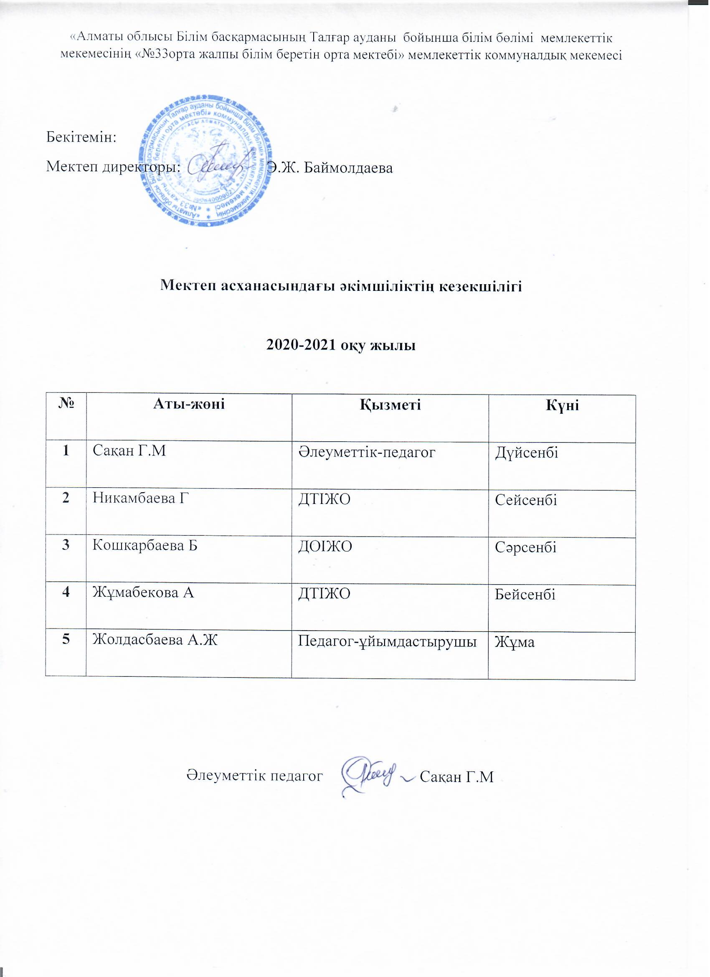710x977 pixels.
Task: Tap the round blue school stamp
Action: [x=205, y=162]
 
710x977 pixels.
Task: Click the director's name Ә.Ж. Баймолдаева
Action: [x=330, y=168]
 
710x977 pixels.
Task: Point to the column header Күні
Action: [x=562, y=405]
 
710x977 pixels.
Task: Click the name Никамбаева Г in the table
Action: [x=141, y=499]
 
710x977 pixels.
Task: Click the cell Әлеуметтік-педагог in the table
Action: [x=367, y=452]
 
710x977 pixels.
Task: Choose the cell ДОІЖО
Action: [x=325, y=546]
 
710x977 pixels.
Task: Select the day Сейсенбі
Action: [x=526, y=500]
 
